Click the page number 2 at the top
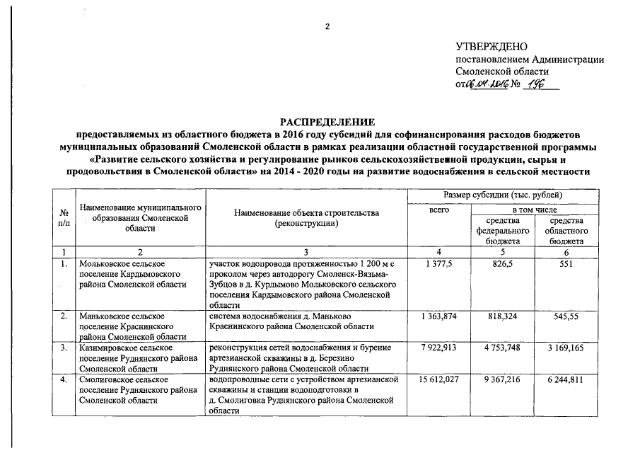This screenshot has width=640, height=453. point(327,27)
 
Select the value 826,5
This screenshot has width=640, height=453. point(504,263)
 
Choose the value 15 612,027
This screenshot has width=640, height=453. point(440,380)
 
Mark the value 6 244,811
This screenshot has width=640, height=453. point(567,380)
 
